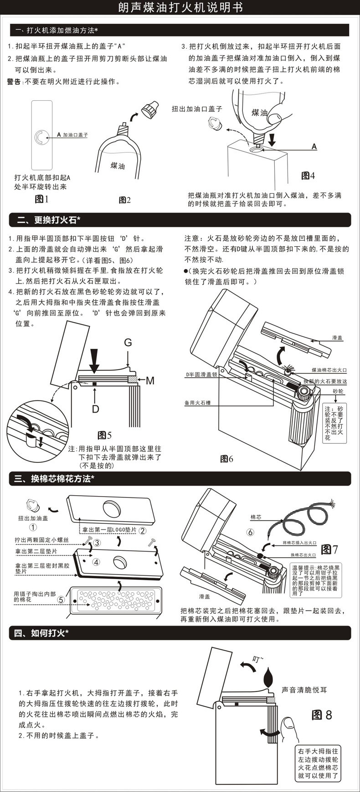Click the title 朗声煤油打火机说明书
click(x=180, y=8)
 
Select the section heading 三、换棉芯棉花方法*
click(x=54, y=479)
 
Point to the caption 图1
click(x=41, y=199)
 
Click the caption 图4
click(x=308, y=176)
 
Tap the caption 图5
click(x=105, y=435)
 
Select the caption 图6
click(x=226, y=459)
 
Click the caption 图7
click(x=329, y=549)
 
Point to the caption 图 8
click(x=322, y=714)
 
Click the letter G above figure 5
click(x=128, y=342)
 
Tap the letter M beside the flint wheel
click(x=150, y=380)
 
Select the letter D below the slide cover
click(x=95, y=409)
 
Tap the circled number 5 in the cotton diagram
click(x=61, y=600)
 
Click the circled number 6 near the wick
click(x=250, y=532)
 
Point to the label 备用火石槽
click(x=197, y=403)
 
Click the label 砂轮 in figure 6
click(x=338, y=391)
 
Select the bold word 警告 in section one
click(x=14, y=82)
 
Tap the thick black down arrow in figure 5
click(x=94, y=360)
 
